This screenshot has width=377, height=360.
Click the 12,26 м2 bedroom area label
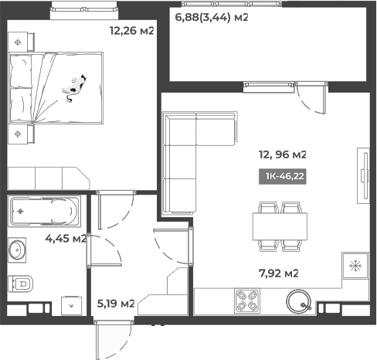132,32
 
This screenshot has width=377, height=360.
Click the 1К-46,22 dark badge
284,176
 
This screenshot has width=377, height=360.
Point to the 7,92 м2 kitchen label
277,273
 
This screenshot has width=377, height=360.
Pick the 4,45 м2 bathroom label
67,238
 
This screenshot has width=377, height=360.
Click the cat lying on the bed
73,87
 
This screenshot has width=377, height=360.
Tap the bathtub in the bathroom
42,209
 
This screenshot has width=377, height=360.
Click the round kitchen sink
299,301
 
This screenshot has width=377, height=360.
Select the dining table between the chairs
280,226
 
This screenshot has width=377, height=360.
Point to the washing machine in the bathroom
72,304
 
